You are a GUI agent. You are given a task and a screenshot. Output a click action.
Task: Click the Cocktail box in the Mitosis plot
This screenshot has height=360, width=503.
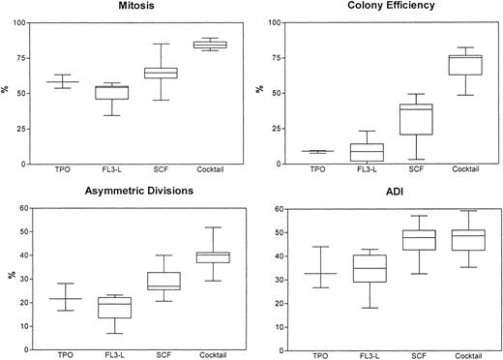tap(210, 45)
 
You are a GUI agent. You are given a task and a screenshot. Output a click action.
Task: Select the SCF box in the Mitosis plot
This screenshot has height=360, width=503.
tap(161, 73)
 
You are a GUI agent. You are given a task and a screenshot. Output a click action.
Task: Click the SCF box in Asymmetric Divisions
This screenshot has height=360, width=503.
tap(161, 281)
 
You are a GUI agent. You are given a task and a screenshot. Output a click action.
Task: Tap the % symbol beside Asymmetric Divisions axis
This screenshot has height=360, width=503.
tap(10, 276)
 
